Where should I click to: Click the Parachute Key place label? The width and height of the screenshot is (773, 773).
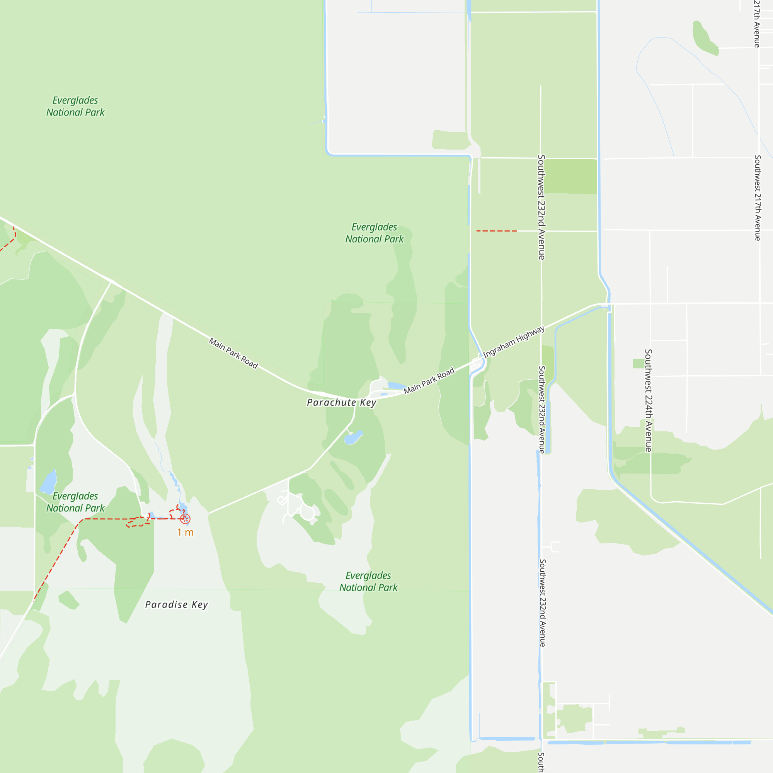[341, 402]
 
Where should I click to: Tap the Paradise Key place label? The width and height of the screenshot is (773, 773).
[177, 604]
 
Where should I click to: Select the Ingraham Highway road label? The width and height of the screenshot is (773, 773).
[513, 342]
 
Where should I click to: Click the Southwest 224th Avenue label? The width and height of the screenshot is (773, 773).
[648, 400]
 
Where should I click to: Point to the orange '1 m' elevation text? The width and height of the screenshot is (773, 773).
[185, 533]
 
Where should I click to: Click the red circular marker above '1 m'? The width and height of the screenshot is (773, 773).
[185, 519]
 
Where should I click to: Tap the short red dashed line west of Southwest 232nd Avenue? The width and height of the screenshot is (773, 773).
[496, 231]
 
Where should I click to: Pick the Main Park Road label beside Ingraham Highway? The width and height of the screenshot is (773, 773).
[429, 380]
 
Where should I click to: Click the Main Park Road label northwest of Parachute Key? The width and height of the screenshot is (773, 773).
[234, 353]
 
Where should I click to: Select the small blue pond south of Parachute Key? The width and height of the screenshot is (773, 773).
[353, 438]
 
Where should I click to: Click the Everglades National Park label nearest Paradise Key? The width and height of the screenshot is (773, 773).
[368, 581]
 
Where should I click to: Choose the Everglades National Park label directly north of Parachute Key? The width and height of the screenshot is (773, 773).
[375, 233]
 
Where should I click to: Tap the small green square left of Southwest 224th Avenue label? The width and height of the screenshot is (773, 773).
[638, 363]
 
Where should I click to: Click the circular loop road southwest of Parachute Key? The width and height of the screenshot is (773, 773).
[307, 512]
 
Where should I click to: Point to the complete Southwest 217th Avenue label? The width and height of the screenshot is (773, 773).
[757, 198]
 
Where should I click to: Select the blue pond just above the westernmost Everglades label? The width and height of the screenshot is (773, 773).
[48, 482]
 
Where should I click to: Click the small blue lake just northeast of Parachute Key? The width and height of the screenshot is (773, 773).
[397, 386]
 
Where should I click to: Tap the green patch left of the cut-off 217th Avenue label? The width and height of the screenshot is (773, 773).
[705, 38]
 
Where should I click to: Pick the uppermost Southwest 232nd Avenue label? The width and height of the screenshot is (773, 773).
[541, 207]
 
